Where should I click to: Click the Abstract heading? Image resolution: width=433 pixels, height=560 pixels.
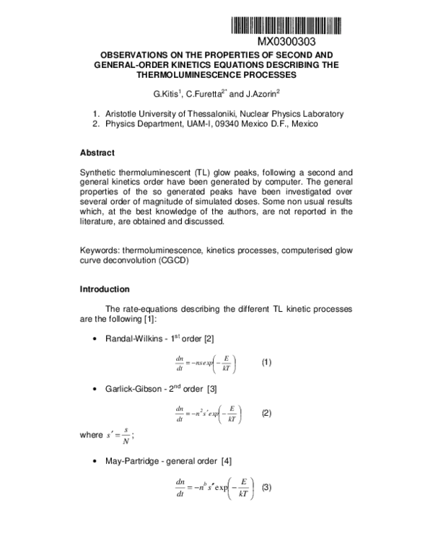pyautogui.click(x=97, y=152)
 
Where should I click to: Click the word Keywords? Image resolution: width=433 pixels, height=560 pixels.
pyautogui.click(x=100, y=250)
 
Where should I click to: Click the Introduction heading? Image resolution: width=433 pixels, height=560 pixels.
pyautogui.click(x=105, y=289)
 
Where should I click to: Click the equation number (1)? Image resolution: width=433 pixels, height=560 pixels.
pyautogui.click(x=266, y=362)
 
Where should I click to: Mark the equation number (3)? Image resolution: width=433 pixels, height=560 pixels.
pyautogui.click(x=266, y=486)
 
